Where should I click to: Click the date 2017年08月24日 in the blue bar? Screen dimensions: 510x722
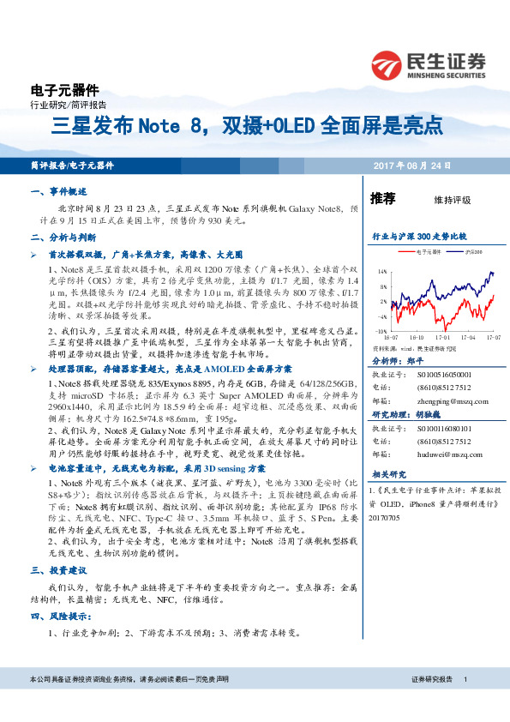(x=411, y=165)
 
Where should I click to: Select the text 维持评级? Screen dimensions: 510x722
(x=453, y=200)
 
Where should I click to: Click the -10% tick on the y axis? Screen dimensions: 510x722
(x=381, y=329)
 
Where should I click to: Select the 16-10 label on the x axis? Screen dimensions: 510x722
(x=417, y=338)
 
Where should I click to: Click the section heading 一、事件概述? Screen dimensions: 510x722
(x=58, y=192)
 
